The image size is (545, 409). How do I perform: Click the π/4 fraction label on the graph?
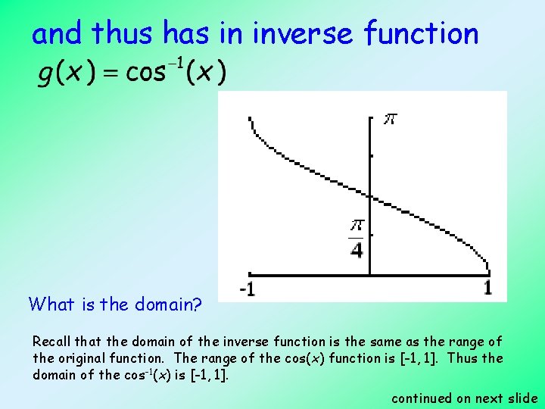[x=356, y=238]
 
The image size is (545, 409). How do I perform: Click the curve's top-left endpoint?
[x=251, y=118]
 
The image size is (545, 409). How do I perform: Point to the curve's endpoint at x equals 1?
[x=487, y=270]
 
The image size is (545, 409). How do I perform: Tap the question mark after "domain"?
[x=198, y=304]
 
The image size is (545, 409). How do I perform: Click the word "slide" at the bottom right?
[x=522, y=398]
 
